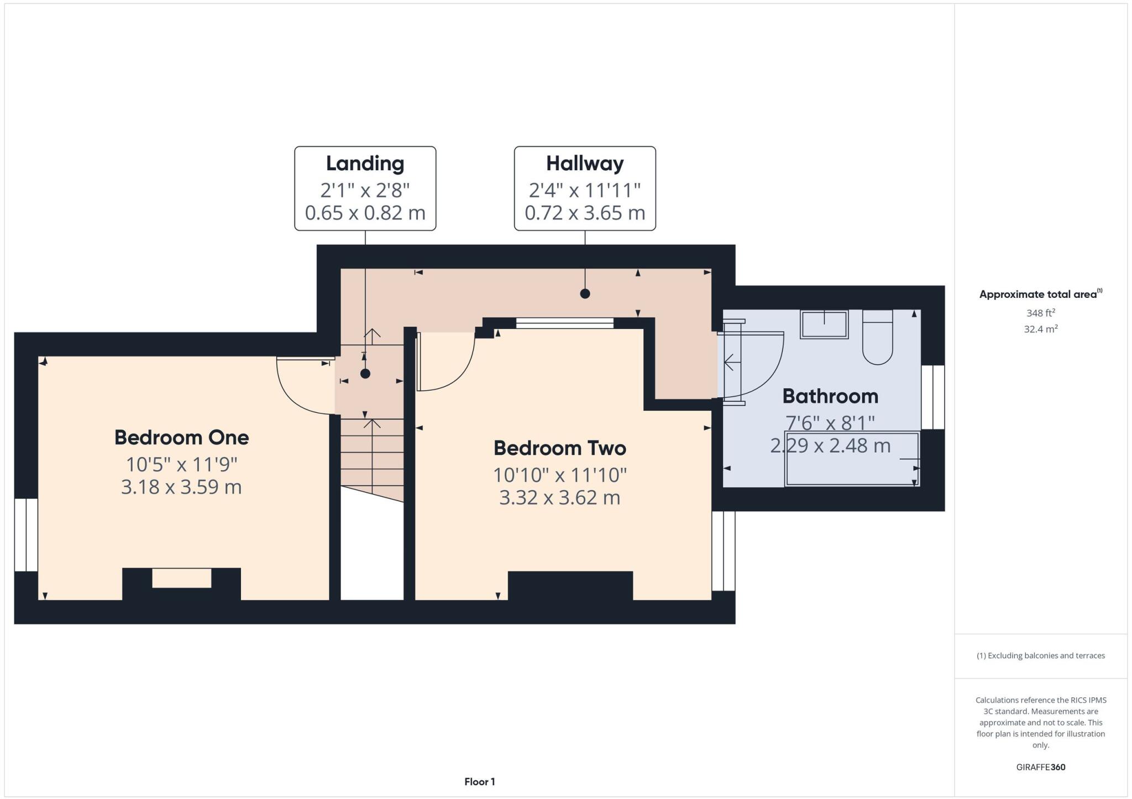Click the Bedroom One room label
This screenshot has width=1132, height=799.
click(181, 438)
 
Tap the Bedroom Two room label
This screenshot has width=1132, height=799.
click(559, 448)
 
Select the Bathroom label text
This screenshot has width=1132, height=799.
click(830, 396)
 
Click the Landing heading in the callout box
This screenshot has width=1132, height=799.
click(365, 164)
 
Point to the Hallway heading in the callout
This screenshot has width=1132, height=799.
click(585, 164)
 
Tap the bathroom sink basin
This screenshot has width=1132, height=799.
click(824, 324)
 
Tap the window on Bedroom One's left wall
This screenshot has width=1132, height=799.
click(26, 535)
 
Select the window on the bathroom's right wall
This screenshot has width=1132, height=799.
click(933, 397)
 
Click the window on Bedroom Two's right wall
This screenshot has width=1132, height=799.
click(723, 551)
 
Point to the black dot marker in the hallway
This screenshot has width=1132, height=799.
click(585, 294)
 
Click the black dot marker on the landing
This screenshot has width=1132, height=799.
click(365, 374)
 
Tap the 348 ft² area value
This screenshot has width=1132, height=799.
click(1040, 313)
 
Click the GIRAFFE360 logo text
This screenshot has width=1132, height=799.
click(1040, 767)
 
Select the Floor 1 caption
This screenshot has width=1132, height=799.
click(479, 781)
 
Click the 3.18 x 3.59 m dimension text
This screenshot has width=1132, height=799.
click(181, 487)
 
